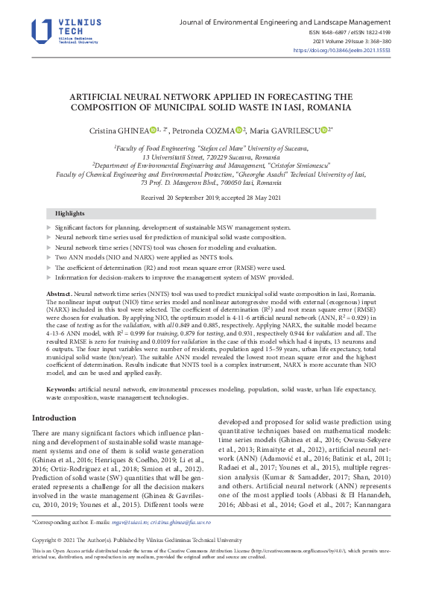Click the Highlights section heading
pyautogui.click(x=70, y=213)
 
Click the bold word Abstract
pyautogui.click(x=59, y=295)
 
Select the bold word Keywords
pyautogui.click(x=61, y=390)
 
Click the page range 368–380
pyautogui.click(x=395, y=42)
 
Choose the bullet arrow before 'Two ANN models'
pyautogui.click(x=49, y=256)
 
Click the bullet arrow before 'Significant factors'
pyautogui.click(x=49, y=226)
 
